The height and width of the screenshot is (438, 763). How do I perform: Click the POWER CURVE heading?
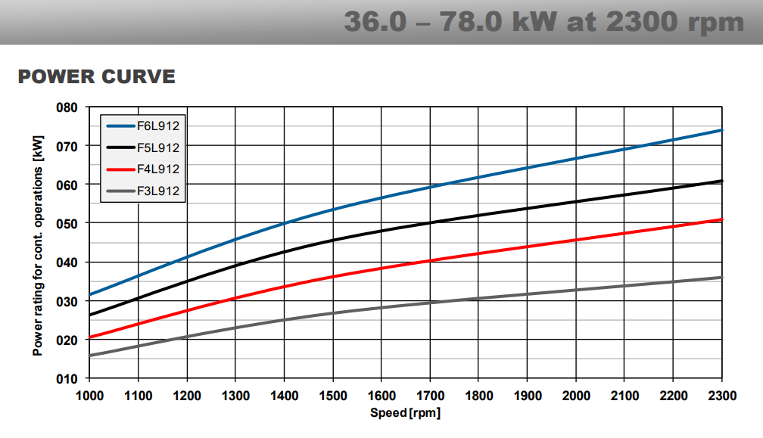click(x=96, y=77)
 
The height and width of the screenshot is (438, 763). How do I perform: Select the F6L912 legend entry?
click(x=143, y=126)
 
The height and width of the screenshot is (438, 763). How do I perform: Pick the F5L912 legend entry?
click(x=143, y=148)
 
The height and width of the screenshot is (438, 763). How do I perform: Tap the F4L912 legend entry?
click(x=143, y=169)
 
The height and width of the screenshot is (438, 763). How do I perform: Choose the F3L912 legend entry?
click(x=143, y=191)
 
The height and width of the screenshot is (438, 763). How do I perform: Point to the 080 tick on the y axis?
click(x=67, y=107)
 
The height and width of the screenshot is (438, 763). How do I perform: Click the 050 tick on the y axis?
click(x=67, y=224)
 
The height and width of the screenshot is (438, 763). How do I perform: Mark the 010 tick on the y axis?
click(x=67, y=379)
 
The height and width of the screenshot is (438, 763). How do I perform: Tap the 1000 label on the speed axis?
click(x=89, y=396)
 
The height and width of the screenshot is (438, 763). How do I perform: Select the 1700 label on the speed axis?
click(x=430, y=396)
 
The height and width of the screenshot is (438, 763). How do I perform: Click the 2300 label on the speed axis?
click(x=722, y=396)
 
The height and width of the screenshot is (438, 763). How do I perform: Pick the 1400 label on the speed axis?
click(x=284, y=396)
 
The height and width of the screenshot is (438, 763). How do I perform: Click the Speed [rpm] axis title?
click(x=406, y=413)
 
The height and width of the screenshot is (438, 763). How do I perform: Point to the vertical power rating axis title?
click(x=38, y=246)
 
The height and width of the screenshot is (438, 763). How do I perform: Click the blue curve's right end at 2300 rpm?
click(x=722, y=130)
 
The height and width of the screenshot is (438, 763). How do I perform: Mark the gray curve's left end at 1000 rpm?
click(x=90, y=356)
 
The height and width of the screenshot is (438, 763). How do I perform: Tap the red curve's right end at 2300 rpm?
click(x=722, y=219)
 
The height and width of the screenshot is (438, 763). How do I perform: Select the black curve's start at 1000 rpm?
click(x=90, y=315)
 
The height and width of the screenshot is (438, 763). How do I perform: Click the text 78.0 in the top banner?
click(x=471, y=22)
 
